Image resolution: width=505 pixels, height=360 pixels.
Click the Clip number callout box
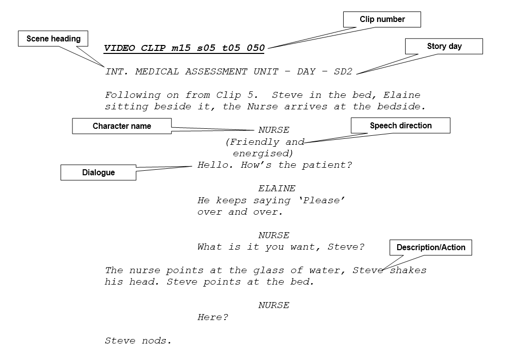pos(382,19)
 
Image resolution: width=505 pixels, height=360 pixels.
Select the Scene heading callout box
pos(53,38)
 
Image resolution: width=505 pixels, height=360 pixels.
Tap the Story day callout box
pos(444,46)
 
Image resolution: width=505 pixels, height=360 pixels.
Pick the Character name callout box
pos(121,126)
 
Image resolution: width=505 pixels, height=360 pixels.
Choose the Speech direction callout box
pos(400,125)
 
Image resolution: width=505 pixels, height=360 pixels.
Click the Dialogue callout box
pos(98,172)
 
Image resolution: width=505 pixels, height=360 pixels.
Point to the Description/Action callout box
pos(431,247)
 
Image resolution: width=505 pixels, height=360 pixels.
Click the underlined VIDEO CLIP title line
pos(184,48)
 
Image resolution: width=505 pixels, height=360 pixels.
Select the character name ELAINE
pos(277,188)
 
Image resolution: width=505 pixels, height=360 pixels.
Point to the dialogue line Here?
pos(213,317)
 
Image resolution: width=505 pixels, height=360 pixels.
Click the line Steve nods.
pos(138,341)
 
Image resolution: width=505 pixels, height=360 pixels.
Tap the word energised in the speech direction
pos(262,153)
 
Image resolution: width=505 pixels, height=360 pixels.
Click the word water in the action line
pos(324,270)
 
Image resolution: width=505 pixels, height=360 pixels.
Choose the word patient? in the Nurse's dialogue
pos(327,165)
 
